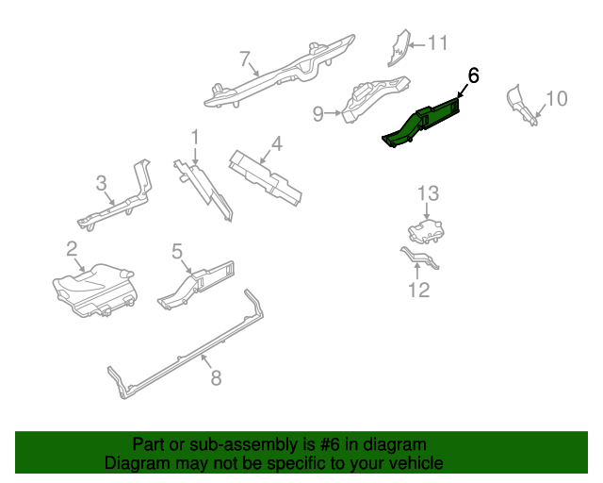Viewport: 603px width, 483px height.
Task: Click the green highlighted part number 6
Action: [424, 123]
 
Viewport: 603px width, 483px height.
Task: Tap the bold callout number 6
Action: [473, 76]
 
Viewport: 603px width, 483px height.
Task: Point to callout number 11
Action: [438, 43]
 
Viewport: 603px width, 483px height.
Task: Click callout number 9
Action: [318, 114]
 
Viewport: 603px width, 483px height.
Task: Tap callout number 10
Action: [557, 98]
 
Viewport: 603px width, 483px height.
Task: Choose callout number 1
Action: [195, 137]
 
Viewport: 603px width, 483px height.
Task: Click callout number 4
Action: [276, 144]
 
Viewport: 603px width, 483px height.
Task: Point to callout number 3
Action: [101, 183]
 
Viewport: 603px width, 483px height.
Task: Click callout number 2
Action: [71, 249]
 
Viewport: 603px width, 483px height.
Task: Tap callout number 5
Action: [176, 250]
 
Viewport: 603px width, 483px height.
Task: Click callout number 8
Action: [215, 377]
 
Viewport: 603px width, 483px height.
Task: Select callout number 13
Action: [428, 193]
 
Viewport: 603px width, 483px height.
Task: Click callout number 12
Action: [418, 290]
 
